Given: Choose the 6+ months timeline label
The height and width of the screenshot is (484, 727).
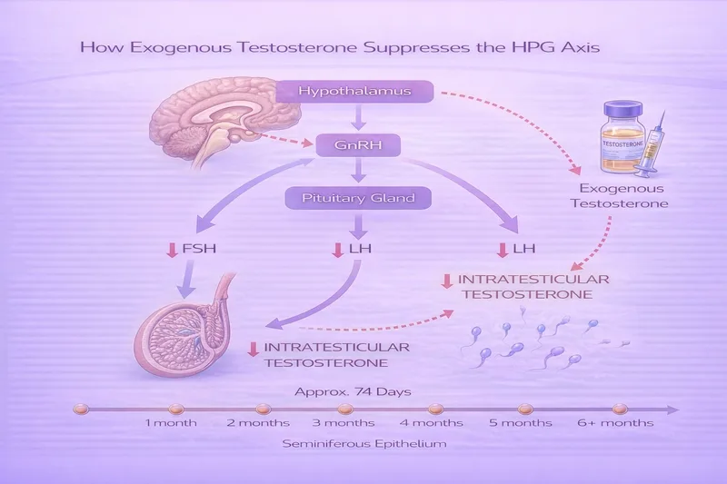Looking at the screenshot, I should pyautogui.click(x=616, y=423).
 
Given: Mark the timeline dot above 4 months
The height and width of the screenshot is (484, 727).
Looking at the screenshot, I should pyautogui.click(x=435, y=409).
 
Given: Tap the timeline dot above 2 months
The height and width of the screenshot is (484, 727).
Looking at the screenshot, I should pyautogui.click(x=263, y=409).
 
